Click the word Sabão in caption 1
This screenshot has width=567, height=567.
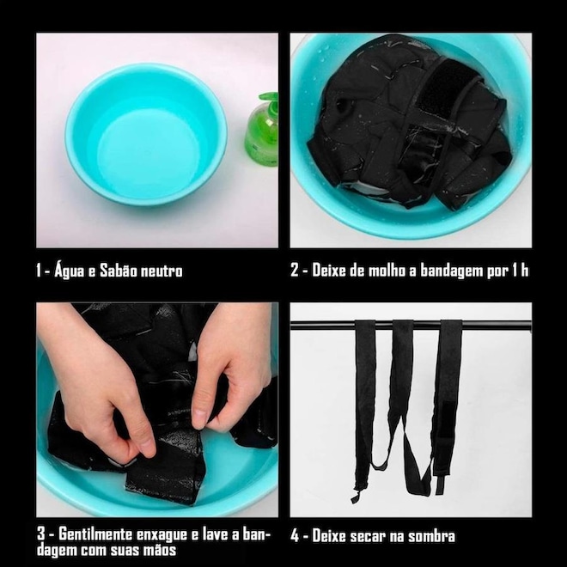[x=118, y=271]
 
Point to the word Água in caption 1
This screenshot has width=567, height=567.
[x=70, y=271]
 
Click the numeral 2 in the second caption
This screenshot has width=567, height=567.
[x=295, y=270]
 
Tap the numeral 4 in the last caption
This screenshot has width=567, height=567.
[x=295, y=536]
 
